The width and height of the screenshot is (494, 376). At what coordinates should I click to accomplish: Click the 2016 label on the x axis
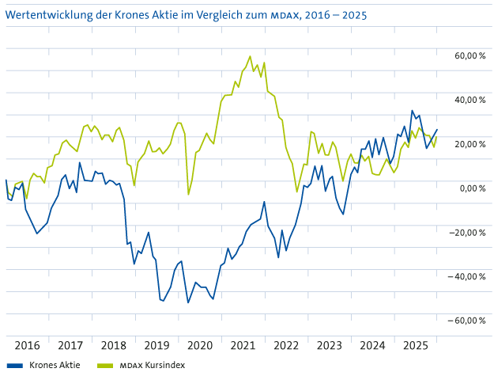(x=27, y=345)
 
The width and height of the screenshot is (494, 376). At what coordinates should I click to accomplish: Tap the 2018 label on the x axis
(x=114, y=345)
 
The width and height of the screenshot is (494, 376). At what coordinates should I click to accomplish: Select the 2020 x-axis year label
(x=200, y=345)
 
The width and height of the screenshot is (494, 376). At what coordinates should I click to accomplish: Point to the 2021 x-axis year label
(x=243, y=345)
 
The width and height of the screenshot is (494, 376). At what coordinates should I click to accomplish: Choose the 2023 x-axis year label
(x=329, y=345)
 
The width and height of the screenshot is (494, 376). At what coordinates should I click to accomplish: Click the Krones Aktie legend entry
(x=55, y=366)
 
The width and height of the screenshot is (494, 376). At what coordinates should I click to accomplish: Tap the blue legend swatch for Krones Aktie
(x=13, y=366)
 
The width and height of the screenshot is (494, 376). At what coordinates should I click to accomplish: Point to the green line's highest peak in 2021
(x=251, y=56)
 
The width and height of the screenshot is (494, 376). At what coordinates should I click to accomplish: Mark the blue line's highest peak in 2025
(x=412, y=111)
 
